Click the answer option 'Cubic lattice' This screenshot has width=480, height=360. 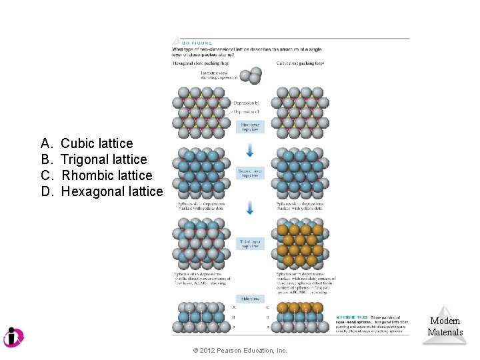click(97, 143)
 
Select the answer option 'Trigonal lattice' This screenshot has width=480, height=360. click(103, 159)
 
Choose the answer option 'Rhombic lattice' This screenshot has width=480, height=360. click(106, 175)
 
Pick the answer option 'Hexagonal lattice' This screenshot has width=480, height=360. click(111, 192)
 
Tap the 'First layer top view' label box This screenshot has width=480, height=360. click(250, 127)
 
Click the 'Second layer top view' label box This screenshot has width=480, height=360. click(250, 173)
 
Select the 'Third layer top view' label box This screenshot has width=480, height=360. click(250, 244)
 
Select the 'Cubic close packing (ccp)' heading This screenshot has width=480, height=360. click(300, 63)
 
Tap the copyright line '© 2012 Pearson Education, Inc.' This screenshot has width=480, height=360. click(240, 351)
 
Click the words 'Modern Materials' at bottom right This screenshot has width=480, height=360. click(445, 327)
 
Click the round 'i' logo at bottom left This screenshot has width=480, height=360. click(13, 337)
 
